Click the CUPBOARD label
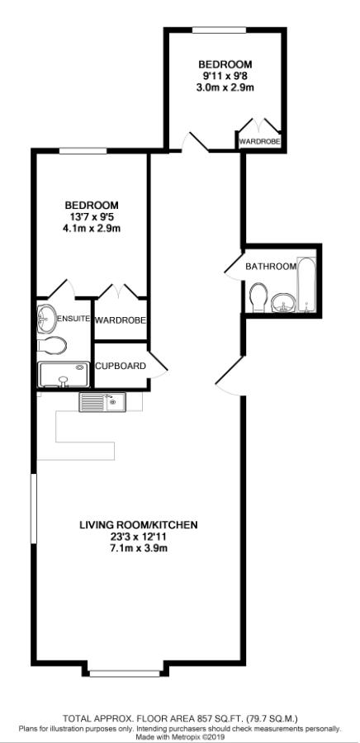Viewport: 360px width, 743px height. (x=121, y=366)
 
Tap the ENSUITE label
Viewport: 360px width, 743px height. (x=73, y=319)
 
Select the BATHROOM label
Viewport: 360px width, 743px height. (x=270, y=267)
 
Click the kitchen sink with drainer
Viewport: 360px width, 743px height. (x=101, y=402)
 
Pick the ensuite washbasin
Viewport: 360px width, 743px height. (x=46, y=318)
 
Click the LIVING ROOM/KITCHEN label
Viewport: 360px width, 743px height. (x=139, y=525)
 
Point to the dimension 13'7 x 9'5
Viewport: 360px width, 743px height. (x=92, y=217)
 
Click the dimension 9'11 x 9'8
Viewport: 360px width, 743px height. (x=225, y=76)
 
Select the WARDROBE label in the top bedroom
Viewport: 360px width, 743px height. (x=259, y=142)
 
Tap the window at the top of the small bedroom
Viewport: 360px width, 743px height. (x=219, y=31)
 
